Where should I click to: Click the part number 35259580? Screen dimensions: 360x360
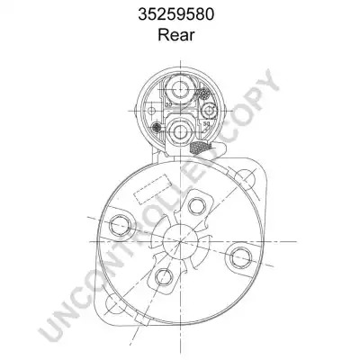[x=176, y=14]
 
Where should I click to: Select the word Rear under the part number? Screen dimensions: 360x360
[x=176, y=34]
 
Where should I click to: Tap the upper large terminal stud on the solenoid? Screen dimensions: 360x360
[x=180, y=89]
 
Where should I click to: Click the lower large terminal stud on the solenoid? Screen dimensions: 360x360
[x=180, y=131]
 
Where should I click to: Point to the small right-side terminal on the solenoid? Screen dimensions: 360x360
[x=208, y=112]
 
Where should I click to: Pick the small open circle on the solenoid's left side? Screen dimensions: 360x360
[x=152, y=111]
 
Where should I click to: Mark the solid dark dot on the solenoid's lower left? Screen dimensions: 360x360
[x=157, y=128]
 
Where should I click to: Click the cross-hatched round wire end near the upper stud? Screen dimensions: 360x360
[x=204, y=94]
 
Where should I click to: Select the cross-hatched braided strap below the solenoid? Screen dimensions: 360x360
[x=201, y=147]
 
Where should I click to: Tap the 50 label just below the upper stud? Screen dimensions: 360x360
[x=168, y=104]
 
